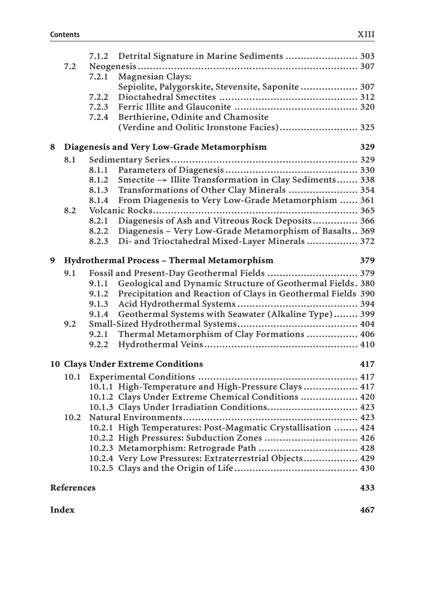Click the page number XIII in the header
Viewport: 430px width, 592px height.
(366, 35)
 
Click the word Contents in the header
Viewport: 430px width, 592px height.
(65, 35)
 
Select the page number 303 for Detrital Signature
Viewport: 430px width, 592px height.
(367, 56)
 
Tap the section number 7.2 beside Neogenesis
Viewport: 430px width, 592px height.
(70, 66)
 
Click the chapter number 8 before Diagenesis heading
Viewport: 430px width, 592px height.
(53, 147)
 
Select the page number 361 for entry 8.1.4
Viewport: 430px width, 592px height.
(367, 200)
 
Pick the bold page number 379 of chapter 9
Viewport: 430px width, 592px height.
(367, 260)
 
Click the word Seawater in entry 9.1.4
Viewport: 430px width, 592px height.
(245, 314)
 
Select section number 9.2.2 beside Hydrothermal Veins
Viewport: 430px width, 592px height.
(99, 345)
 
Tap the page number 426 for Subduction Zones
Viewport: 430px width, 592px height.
(367, 438)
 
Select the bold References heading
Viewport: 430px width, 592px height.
(73, 488)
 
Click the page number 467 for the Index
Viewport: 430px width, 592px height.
(367, 510)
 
